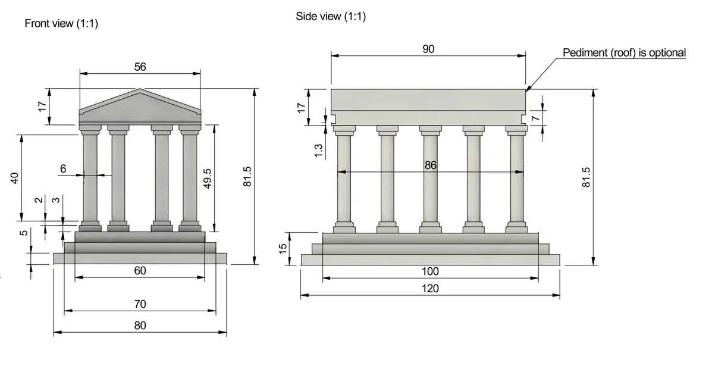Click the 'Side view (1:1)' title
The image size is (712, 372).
[331, 16]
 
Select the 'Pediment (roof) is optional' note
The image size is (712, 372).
[624, 52]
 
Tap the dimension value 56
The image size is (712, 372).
[140, 67]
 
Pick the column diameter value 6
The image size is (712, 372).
[63, 168]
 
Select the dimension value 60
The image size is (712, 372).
[140, 271]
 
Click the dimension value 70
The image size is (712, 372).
[140, 304]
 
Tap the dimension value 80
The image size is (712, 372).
[140, 326]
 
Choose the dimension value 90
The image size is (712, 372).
[428, 49]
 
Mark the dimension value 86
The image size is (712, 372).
[431, 165]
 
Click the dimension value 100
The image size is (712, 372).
[429, 271]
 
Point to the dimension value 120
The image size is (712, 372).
[429, 288]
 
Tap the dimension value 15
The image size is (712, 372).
[284, 246]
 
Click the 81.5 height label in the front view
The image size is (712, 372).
[248, 177]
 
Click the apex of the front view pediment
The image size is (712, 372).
[140, 90]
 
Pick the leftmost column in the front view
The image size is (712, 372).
[90, 179]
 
